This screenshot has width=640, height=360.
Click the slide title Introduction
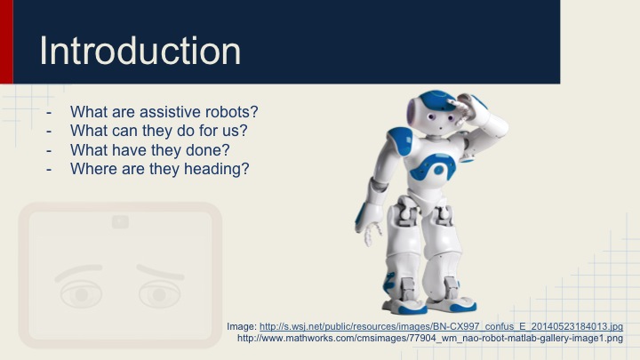(140, 51)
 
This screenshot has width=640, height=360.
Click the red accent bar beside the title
(6, 42)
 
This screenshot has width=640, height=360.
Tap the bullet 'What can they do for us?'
(158, 132)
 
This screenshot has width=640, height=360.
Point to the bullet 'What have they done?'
(149, 150)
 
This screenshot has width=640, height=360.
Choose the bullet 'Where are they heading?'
(159, 169)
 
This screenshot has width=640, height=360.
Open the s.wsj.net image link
(441, 326)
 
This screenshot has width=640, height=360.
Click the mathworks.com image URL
(436, 338)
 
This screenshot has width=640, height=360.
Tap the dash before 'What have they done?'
(51, 150)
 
